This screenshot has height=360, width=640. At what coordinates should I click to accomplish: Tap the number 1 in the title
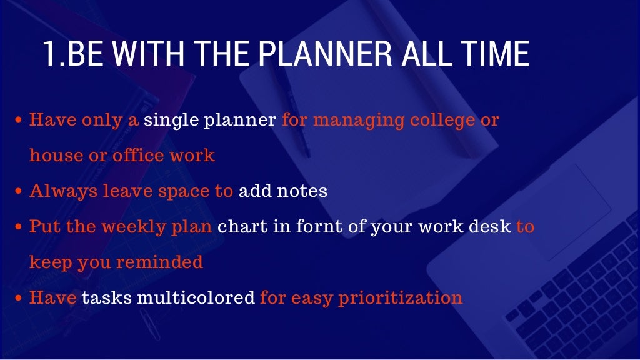[49, 55]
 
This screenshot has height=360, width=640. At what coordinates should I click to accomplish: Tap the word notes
[304, 191]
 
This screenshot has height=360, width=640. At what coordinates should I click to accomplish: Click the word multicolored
[195, 297]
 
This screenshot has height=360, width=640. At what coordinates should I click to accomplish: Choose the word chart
[242, 226]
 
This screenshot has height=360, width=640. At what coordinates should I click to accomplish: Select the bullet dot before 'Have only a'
[19, 119]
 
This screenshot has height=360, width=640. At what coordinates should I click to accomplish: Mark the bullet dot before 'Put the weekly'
[19, 227]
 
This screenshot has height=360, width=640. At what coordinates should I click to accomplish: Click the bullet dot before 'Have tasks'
[19, 298]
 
